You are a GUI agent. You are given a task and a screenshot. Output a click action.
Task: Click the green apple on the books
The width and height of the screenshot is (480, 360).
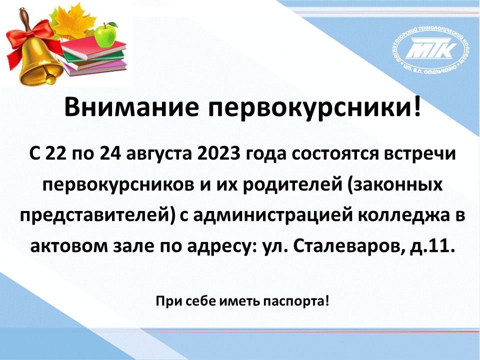click(x=106, y=35)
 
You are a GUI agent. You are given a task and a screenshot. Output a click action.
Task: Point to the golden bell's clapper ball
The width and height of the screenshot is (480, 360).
click(x=50, y=79)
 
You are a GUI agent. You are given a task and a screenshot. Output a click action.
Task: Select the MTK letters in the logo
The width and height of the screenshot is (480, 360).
click(x=430, y=48)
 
